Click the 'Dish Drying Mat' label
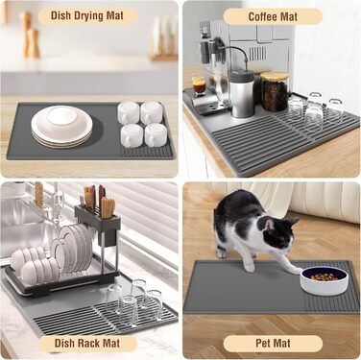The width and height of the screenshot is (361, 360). [87, 16]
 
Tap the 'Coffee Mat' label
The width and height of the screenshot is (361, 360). [273, 16]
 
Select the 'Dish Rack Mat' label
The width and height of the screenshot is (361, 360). [87, 344]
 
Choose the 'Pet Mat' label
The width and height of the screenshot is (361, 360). [273, 344]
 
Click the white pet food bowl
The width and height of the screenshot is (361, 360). [325, 280]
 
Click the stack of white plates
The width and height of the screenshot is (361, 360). [62, 127]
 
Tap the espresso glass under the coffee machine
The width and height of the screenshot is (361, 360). [199, 85]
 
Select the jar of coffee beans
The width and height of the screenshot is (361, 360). [275, 91]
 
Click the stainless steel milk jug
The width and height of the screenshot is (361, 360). [242, 93]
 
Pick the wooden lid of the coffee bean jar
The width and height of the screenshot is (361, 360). [275, 76]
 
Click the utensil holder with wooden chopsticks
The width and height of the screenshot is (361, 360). [98, 214]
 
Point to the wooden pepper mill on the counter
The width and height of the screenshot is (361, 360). [31, 36]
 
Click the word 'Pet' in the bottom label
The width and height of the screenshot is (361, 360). [263, 344]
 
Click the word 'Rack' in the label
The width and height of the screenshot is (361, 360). [87, 344]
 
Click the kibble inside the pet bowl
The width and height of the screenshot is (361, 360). [325, 276]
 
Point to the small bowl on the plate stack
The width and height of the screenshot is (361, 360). [62, 116]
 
